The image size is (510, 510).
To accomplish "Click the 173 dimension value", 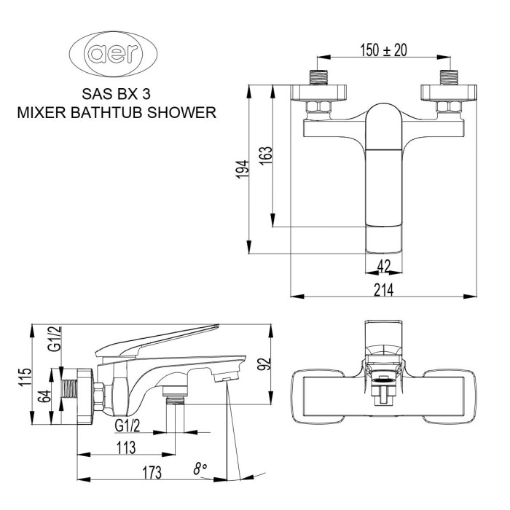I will (x=152, y=474).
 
